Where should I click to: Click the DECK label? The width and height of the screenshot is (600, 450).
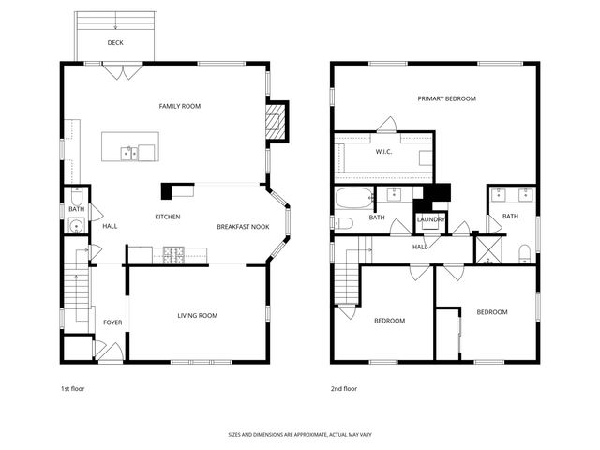pyautogui.click(x=115, y=43)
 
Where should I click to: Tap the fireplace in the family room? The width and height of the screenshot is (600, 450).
pyautogui.click(x=275, y=120)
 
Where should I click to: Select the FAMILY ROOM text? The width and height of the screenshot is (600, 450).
pyautogui.click(x=179, y=106)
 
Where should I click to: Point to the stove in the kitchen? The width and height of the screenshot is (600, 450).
pyautogui.click(x=174, y=253)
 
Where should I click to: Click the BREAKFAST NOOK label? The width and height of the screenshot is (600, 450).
pyautogui.click(x=243, y=227)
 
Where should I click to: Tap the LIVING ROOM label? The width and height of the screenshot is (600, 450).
pyautogui.click(x=197, y=315)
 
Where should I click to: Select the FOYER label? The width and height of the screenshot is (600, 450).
pyautogui.click(x=112, y=322)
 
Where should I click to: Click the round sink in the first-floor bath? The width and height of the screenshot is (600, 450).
pyautogui.click(x=73, y=225)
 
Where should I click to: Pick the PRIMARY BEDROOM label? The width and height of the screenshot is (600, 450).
pyautogui.click(x=447, y=98)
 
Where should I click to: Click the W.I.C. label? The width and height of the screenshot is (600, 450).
pyautogui.click(x=384, y=151)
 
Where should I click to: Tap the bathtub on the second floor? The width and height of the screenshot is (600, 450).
pyautogui.click(x=354, y=198)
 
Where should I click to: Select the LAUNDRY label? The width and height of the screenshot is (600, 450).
pyautogui.click(x=430, y=219)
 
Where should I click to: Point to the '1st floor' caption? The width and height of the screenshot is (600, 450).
pyautogui.click(x=73, y=388)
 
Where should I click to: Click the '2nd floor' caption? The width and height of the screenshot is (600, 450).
pyautogui.click(x=343, y=388)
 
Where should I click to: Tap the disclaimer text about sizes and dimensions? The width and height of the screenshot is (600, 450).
pyautogui.click(x=299, y=435)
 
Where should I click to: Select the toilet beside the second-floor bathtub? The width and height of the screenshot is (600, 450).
pyautogui.click(x=342, y=223)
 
